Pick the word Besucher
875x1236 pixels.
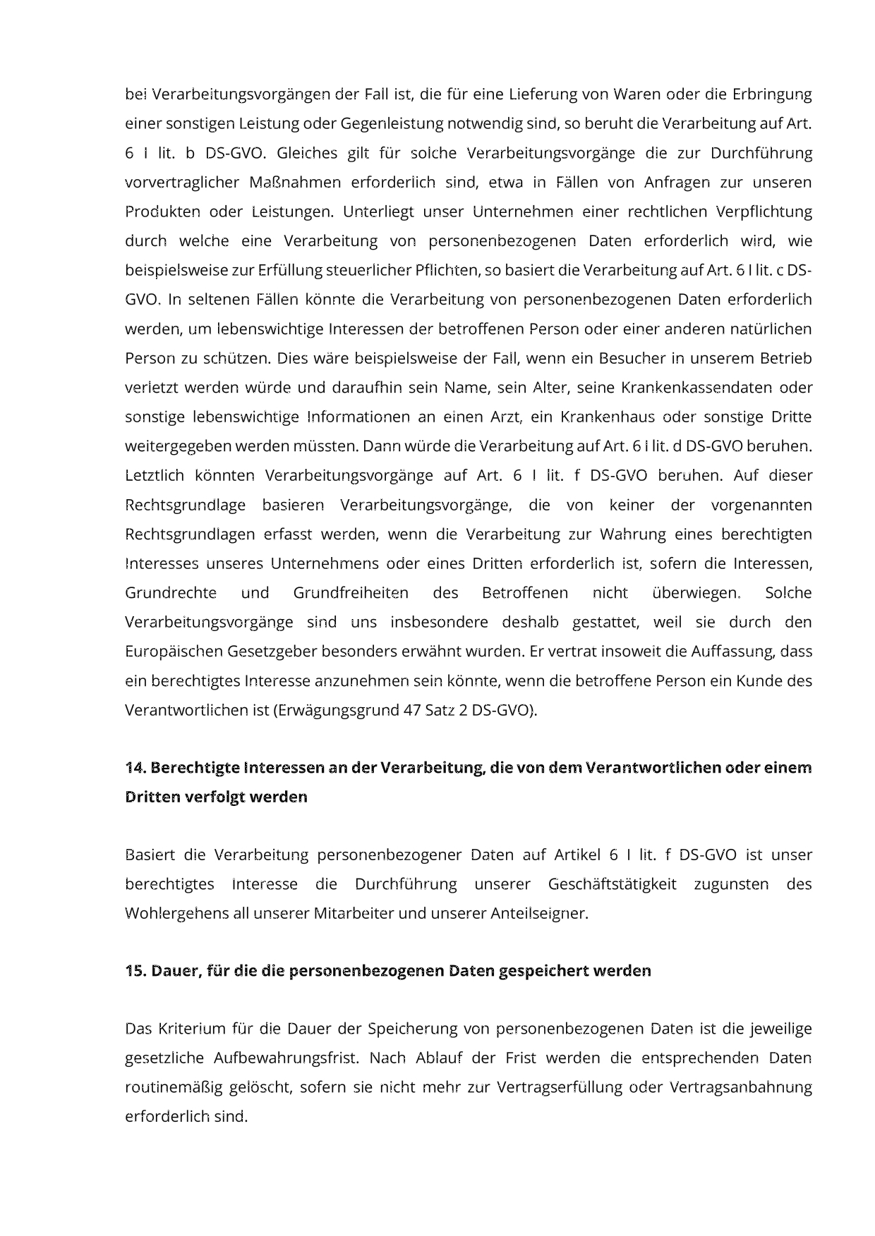pos(632,358)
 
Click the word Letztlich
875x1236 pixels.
pos(155,475)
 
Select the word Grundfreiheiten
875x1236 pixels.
pos(351,592)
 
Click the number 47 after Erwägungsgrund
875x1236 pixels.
pos(412,710)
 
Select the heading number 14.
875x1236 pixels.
pos(135,767)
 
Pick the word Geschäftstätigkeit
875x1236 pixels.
pos(612,884)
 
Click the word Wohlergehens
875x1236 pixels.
pos(169,914)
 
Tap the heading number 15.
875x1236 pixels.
pos(135,971)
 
